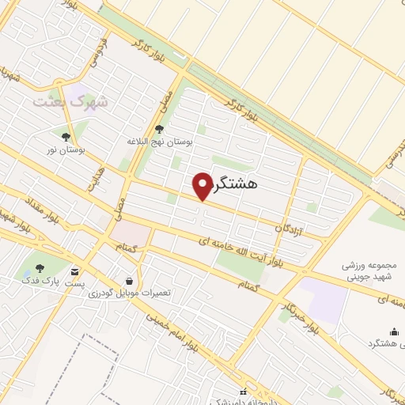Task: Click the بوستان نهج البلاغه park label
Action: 161,142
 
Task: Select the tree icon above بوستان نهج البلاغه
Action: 160,129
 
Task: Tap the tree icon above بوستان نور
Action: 66,136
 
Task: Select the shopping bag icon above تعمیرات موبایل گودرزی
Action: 129,280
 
